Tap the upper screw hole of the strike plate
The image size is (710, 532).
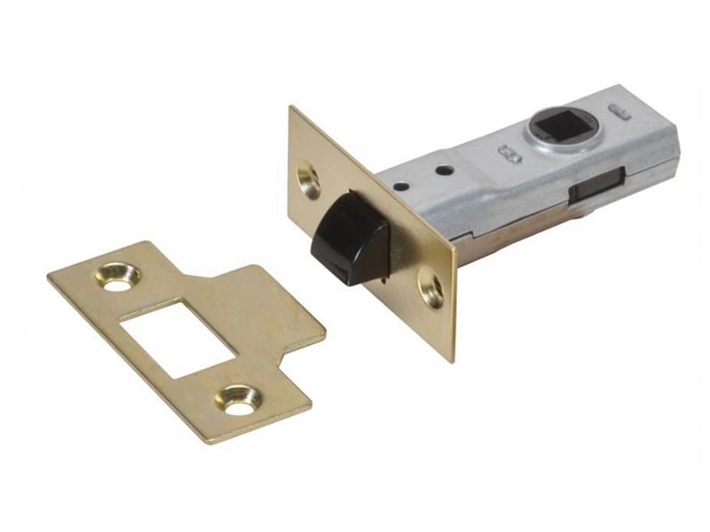(x=117, y=277)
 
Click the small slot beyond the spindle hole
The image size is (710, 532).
(x=621, y=113)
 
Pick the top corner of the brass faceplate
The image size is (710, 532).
(x=292, y=109)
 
